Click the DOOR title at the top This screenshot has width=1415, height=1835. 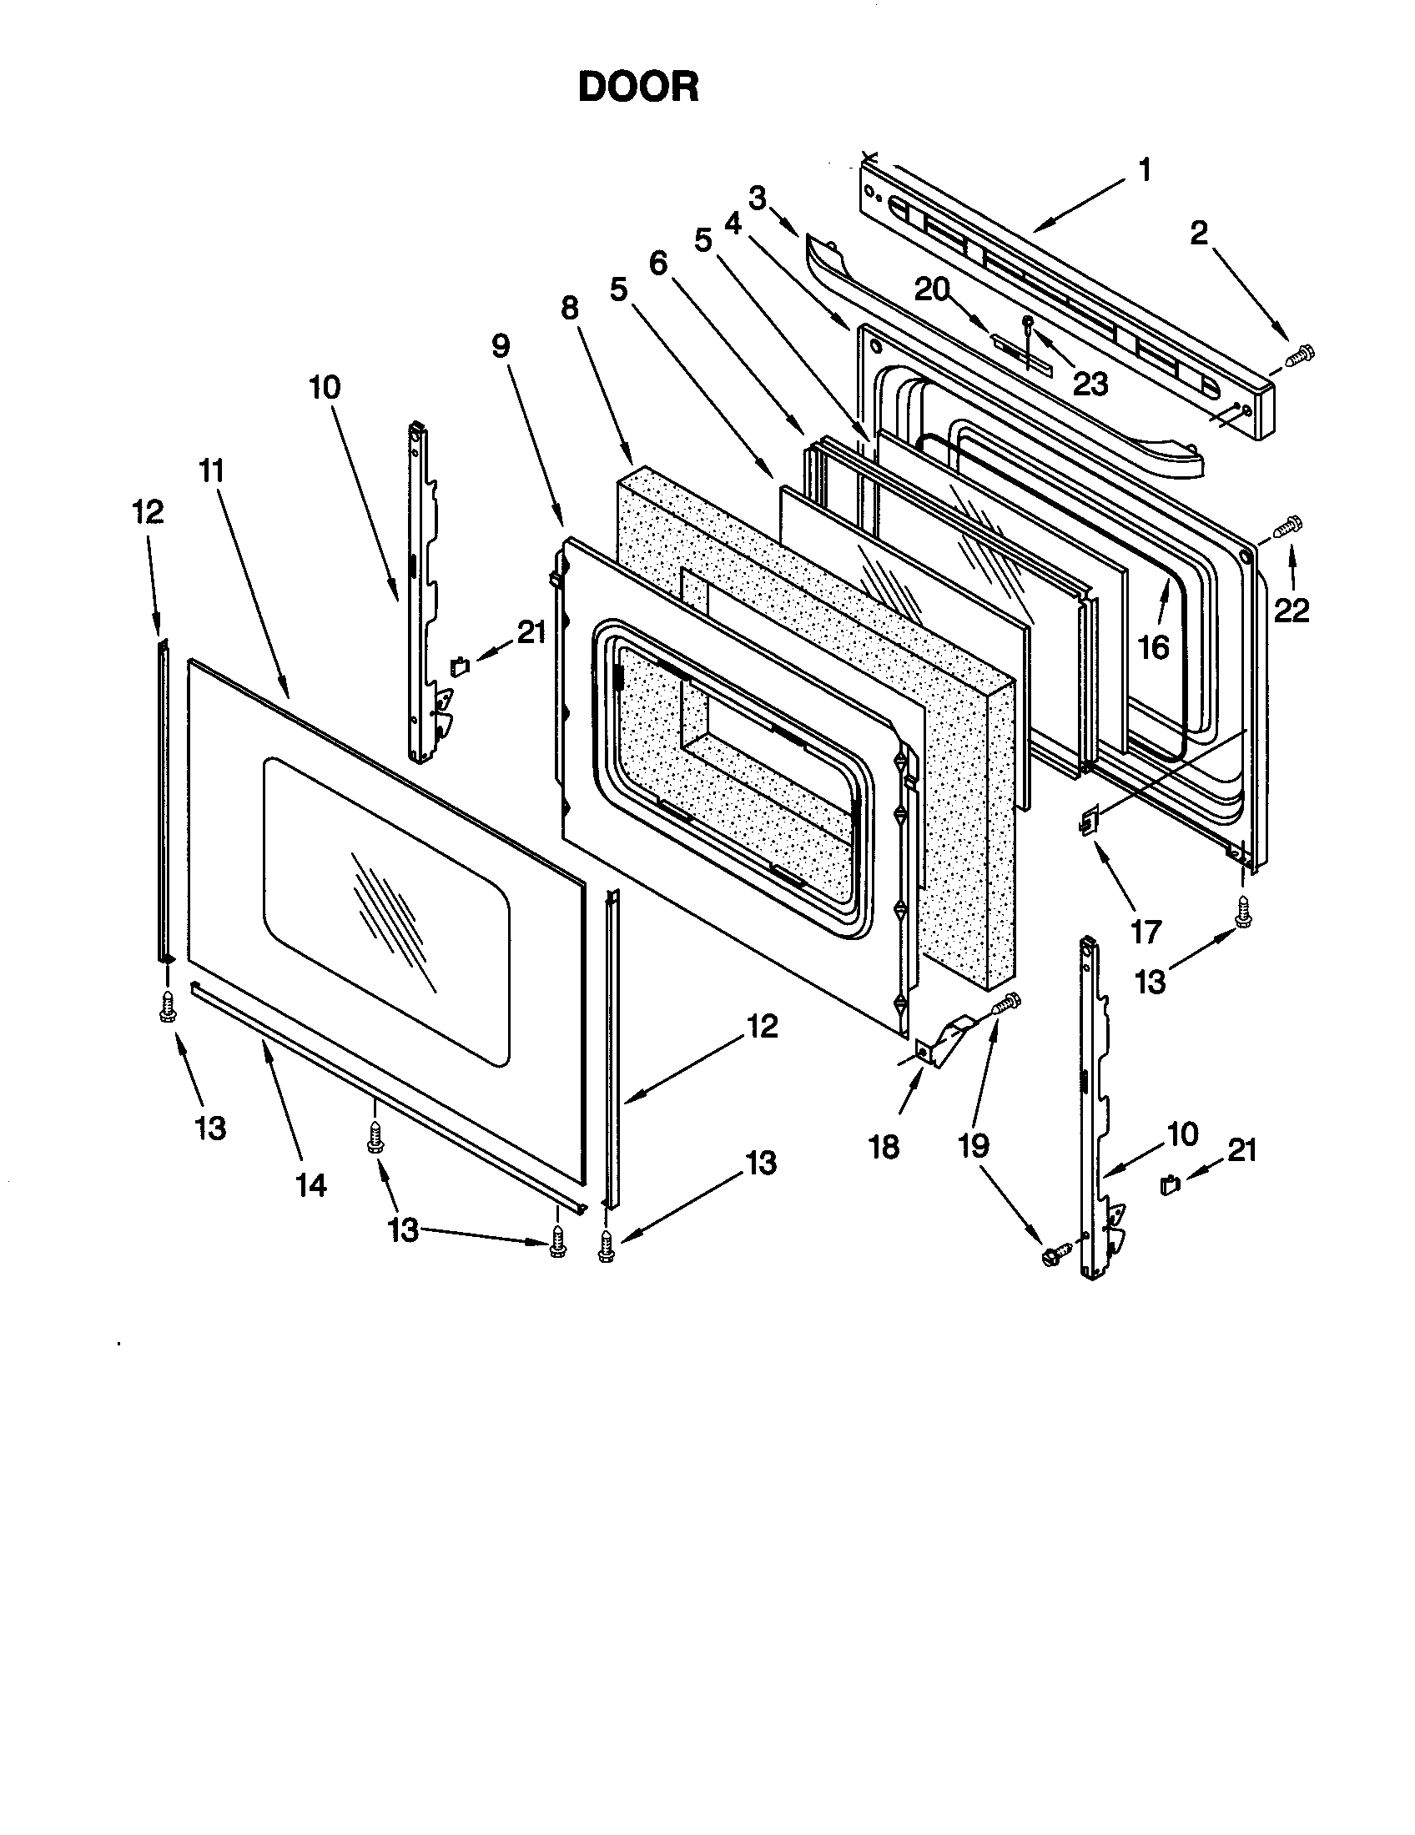(x=637, y=87)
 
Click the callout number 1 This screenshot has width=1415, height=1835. (x=1144, y=170)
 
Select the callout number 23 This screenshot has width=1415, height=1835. (x=1090, y=384)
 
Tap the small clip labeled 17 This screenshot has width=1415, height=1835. (x=1089, y=821)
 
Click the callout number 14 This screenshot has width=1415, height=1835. (x=310, y=1184)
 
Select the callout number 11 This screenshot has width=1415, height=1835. (x=212, y=470)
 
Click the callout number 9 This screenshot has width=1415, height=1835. (x=501, y=345)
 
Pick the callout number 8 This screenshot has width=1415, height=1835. (x=569, y=309)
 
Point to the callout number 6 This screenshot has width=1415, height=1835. (x=658, y=263)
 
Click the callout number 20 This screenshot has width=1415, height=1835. (x=931, y=290)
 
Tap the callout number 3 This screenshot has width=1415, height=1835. (x=757, y=199)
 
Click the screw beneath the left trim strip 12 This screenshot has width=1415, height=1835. (x=167, y=1006)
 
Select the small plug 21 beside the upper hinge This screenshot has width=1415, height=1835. (x=460, y=666)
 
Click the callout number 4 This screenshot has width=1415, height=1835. (x=733, y=224)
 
